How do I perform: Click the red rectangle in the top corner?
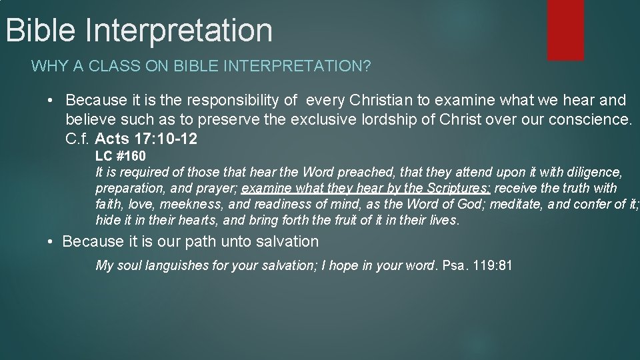pos(565,30)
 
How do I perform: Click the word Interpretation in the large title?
pos(179,30)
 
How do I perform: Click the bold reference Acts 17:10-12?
pos(147,141)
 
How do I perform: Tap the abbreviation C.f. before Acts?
pos(78,141)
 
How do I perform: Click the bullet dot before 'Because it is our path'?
pos(51,241)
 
